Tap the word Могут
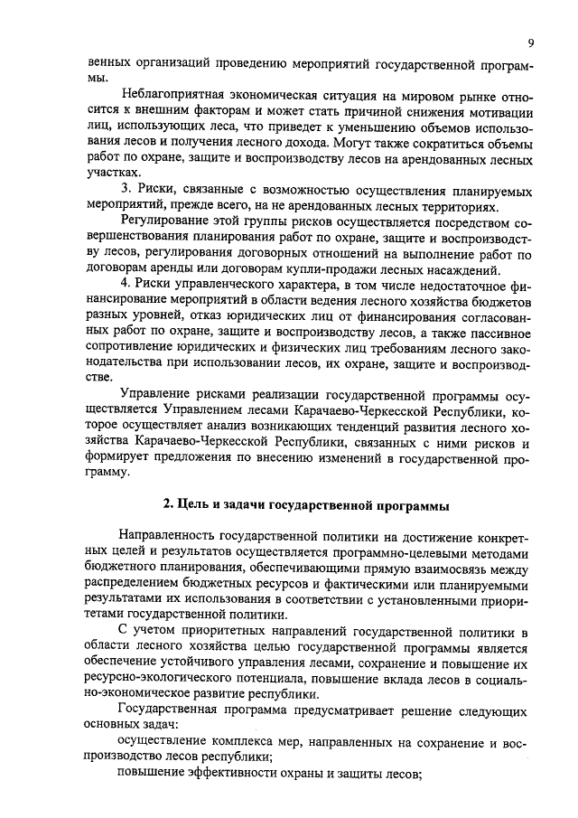[349, 142]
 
